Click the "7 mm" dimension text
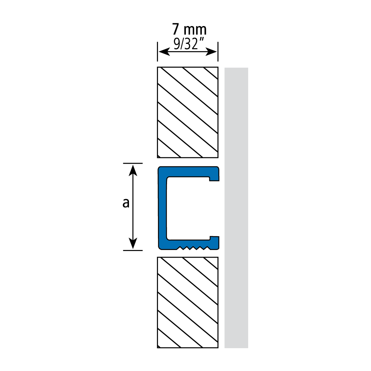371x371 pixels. coord(189,30)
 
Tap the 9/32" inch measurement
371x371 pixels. coord(189,44)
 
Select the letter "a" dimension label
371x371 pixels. coord(126,203)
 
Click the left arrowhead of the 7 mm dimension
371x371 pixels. coord(164,51)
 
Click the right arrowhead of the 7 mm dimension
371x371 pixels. coord(211,51)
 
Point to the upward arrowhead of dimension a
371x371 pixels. coord(133,170)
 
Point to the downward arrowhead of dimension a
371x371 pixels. coord(133,243)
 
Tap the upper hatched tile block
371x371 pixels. coord(188,112)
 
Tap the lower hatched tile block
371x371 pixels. coord(188,303)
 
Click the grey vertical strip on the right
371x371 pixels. coord(236,208)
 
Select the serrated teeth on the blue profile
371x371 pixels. coord(193,248)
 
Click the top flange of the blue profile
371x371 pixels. coord(188,171)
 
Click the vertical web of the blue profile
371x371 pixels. coord(163,208)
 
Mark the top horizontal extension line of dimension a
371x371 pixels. coord(133,163)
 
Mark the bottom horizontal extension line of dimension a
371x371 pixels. coord(133,250)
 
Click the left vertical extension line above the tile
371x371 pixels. coord(157,51)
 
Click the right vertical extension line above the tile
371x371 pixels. coord(218,51)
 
